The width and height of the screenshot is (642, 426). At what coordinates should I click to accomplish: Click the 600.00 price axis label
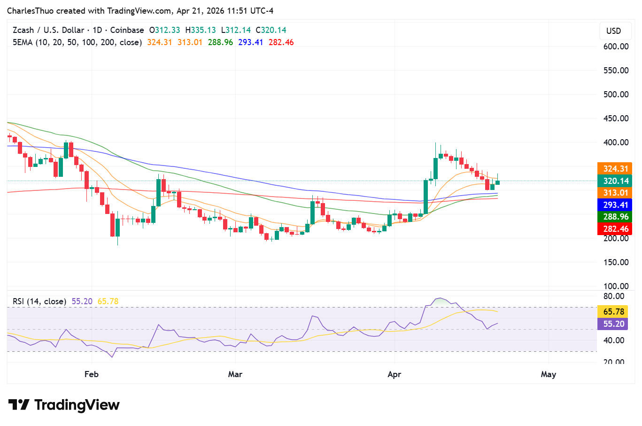[x=616, y=47]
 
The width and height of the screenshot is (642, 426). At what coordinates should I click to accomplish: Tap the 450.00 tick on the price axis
[x=616, y=118]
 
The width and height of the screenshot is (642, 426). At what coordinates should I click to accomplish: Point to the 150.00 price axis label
[x=616, y=262]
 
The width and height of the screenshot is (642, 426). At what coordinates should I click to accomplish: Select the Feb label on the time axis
[x=91, y=374]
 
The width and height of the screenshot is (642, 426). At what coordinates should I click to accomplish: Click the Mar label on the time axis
[x=235, y=374]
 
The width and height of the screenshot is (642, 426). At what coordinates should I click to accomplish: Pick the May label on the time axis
[x=548, y=374]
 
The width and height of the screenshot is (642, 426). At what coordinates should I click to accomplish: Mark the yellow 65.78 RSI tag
[x=613, y=312]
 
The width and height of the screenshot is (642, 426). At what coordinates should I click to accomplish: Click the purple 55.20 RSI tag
[x=613, y=324]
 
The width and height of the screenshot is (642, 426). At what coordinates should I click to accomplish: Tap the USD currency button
[x=613, y=31]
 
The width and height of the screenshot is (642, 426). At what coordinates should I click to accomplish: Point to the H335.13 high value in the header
[x=201, y=30]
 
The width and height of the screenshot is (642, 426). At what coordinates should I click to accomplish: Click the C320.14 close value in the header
[x=271, y=30]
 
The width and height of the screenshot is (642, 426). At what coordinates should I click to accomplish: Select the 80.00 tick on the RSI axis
[x=614, y=296]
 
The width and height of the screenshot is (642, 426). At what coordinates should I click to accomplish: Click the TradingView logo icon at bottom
[x=19, y=405]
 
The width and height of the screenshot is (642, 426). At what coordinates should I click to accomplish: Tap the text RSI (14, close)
[x=39, y=301]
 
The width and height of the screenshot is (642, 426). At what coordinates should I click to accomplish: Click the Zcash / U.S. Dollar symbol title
[x=48, y=30]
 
